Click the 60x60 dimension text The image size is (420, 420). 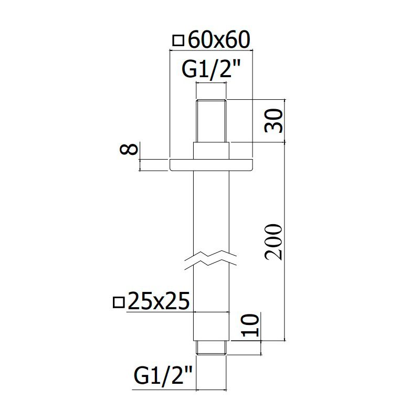(x=219, y=40)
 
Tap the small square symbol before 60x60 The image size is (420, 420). (x=178, y=41)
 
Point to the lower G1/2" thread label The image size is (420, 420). (x=163, y=376)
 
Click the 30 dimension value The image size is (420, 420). (x=274, y=121)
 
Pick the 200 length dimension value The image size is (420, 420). (x=274, y=243)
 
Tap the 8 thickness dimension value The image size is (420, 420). (x=129, y=149)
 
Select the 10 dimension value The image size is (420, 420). (x=250, y=325)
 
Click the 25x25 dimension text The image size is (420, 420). (x=159, y=300)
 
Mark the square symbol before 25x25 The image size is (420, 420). (x=119, y=302)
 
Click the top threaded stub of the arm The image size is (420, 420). (x=212, y=121)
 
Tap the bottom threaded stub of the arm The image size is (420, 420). (x=212, y=348)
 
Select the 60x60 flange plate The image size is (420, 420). (x=212, y=165)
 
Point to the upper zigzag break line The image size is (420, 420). (x=211, y=254)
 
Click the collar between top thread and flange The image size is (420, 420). (x=212, y=151)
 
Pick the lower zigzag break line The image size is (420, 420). (x=211, y=266)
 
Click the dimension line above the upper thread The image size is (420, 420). (x=212, y=83)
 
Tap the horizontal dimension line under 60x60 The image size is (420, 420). (x=212, y=50)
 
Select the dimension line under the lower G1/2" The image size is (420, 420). (x=180, y=390)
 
